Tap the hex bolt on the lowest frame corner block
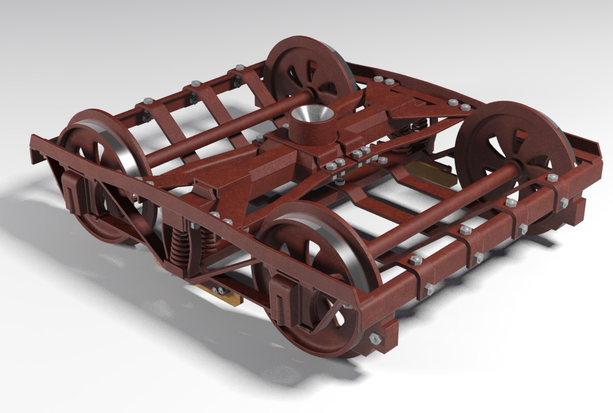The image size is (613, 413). (x=374, y=338)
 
